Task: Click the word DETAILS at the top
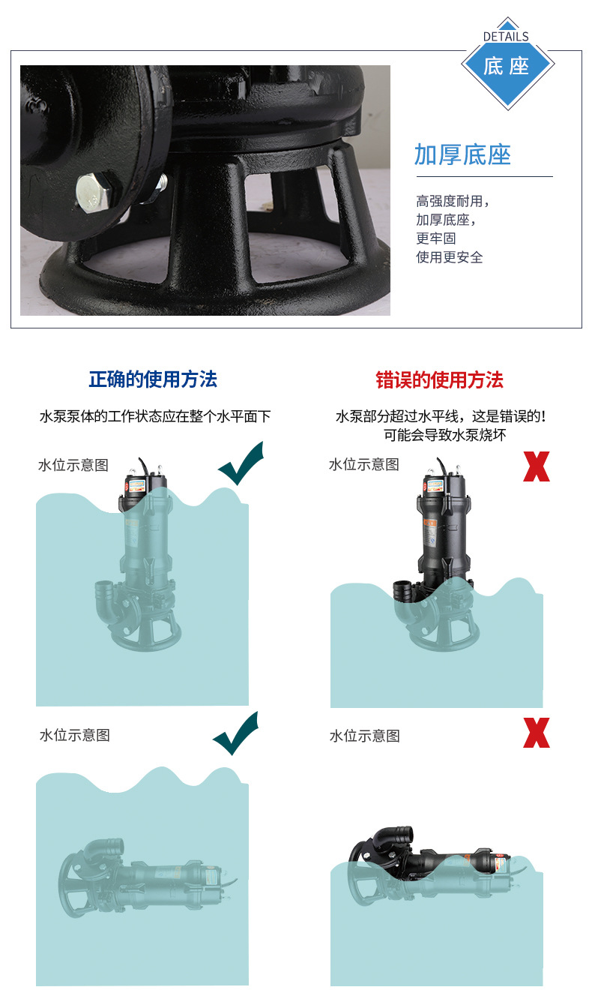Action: [506, 36]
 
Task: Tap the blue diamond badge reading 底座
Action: [507, 66]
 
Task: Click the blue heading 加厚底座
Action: [462, 154]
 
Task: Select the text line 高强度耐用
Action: [452, 201]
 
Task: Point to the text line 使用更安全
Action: [450, 257]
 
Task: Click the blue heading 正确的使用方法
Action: [153, 379]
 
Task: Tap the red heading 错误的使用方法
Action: [439, 379]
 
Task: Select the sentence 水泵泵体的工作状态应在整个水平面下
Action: [155, 416]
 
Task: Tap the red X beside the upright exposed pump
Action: [536, 466]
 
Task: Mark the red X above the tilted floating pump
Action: [536, 733]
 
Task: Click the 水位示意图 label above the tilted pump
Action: [364, 736]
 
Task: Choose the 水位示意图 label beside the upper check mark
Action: [73, 465]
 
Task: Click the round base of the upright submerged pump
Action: [145, 634]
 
